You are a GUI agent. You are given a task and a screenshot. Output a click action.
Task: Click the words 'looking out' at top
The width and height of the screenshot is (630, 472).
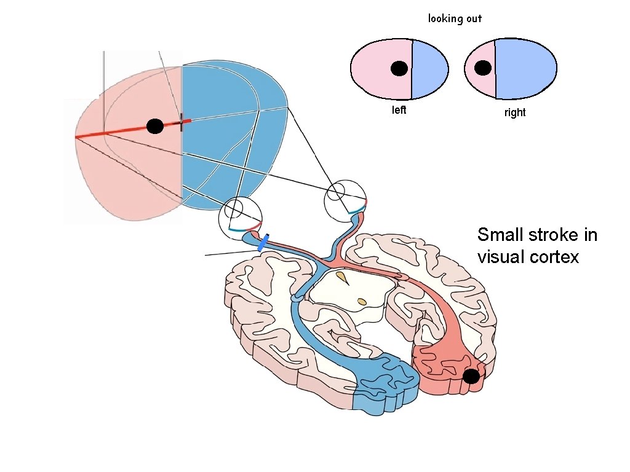pos(455,18)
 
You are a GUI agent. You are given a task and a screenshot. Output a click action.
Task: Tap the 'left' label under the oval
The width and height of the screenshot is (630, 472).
pos(399,111)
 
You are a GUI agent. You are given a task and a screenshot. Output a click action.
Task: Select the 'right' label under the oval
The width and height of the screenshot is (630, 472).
pos(515,112)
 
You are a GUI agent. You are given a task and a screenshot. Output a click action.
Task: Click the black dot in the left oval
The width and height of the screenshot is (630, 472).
pos(399,69)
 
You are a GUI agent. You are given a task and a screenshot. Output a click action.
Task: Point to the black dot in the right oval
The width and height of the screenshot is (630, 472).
pos(483,68)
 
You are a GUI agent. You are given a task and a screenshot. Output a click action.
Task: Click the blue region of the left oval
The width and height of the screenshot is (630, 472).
pos(429,69)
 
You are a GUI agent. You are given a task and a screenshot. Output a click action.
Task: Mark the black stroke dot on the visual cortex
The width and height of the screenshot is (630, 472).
pos(471,376)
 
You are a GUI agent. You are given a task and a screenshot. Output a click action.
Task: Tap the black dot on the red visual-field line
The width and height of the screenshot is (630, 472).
pos(155,127)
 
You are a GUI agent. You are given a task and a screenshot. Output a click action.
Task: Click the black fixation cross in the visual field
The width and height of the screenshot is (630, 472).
pos(181,122)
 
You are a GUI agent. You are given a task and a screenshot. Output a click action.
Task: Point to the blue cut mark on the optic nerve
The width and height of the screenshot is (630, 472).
pos(263,242)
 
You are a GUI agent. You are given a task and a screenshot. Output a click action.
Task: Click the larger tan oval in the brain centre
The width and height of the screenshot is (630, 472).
pos(362,302)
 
